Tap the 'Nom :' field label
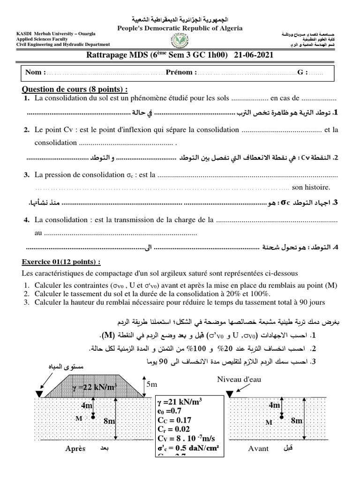[x=36, y=73]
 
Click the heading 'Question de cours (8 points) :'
[x=75, y=90]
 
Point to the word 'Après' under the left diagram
[x=75, y=449]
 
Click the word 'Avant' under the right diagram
[x=258, y=449]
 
